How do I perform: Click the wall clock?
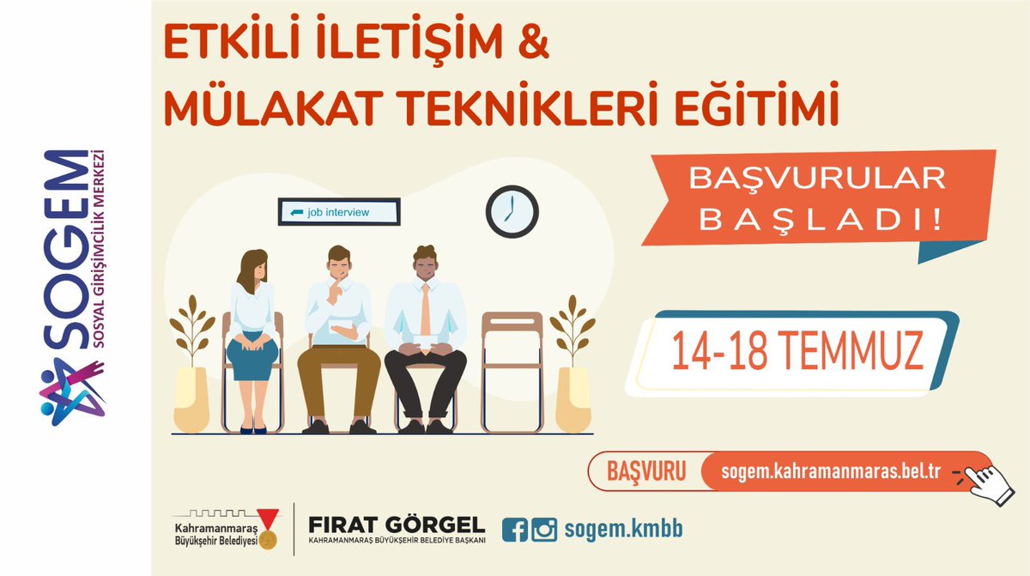click(x=512, y=211)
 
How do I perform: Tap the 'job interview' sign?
click(x=339, y=212)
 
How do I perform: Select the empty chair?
click(x=512, y=369)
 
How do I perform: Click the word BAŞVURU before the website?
click(x=645, y=472)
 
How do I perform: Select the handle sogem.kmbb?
click(x=623, y=530)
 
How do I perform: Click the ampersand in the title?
click(x=532, y=45)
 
